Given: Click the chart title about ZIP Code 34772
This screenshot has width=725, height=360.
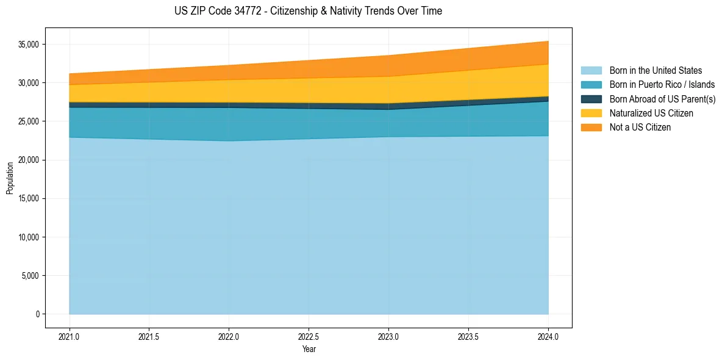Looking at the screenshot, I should click(308, 11).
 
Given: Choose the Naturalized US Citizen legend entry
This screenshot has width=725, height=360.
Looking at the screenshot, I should click(651, 113).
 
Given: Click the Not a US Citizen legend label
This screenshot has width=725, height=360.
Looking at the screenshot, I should click(640, 127).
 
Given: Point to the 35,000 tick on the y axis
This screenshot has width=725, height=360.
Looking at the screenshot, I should click(28, 45).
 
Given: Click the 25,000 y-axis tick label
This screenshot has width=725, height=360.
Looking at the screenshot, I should click(28, 121).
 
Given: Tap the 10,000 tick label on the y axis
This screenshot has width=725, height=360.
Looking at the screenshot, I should click(28, 237).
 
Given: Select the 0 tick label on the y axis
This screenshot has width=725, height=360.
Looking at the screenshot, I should click(37, 314).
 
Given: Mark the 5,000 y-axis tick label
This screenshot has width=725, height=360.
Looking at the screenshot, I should click(30, 276).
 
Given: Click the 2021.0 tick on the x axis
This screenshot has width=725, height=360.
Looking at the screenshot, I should click(70, 336).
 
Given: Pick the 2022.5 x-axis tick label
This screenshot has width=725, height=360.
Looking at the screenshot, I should click(309, 336).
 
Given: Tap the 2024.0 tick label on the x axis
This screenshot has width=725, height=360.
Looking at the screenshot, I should click(548, 336).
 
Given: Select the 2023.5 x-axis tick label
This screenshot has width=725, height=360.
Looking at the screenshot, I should click(468, 336).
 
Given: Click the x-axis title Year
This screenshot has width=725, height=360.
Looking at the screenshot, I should click(309, 349).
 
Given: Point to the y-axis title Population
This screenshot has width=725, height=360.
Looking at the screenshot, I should click(10, 178).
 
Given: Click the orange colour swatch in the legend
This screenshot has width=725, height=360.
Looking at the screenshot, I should click(591, 127).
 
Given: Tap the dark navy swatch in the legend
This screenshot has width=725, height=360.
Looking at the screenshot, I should click(591, 99).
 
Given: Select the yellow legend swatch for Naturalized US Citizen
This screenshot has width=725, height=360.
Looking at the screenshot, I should click(591, 113).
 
